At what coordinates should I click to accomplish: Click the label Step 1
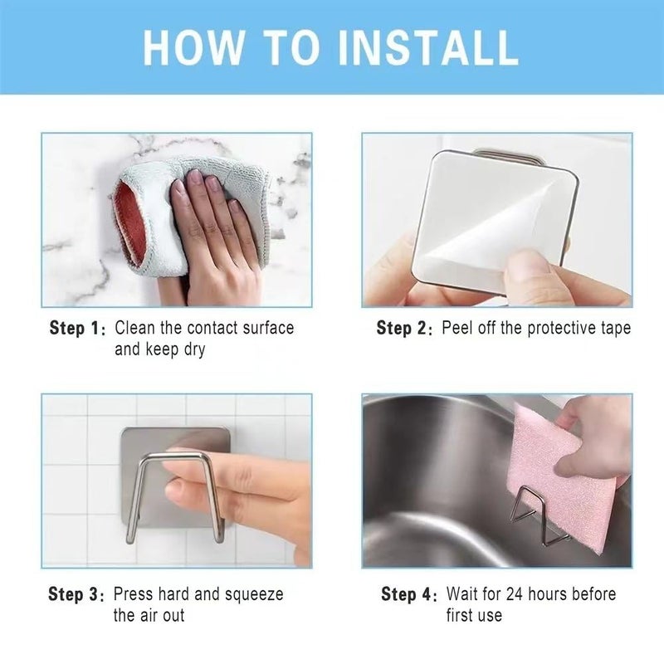point(78,328)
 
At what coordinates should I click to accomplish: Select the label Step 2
point(404,328)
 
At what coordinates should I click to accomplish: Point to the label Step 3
point(77,594)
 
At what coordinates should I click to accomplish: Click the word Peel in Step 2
point(456,328)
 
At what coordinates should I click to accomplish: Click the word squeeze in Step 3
point(252,594)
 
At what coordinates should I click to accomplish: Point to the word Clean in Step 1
point(134,328)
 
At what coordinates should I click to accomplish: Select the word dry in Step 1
point(193,349)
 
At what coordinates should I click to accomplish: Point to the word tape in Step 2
point(615,328)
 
